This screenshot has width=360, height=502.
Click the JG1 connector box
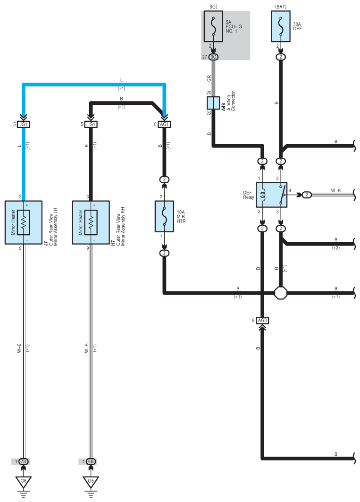[24, 124]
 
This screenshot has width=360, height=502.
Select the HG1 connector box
[91, 124]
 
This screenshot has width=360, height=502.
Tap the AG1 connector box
[164, 124]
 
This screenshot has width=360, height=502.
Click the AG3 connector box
[262, 321]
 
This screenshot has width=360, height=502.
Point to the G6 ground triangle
[24, 481]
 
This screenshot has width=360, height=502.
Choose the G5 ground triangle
[91, 481]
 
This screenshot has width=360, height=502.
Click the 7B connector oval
[24, 461]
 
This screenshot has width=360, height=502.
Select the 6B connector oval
[91, 461]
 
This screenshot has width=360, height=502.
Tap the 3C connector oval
[213, 57]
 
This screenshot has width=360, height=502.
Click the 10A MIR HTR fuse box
[164, 216]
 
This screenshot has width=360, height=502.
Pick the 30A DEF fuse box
[281, 26]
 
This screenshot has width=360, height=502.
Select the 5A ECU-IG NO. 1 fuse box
[213, 26]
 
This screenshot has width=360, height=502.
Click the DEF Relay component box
[271, 195]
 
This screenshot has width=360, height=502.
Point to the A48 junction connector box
[213, 103]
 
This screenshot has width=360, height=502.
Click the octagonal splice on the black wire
[281, 293]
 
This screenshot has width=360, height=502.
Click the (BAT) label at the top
[281, 7]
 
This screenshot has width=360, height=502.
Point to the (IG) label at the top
[213, 7]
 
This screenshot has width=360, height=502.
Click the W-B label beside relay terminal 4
[335, 191]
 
